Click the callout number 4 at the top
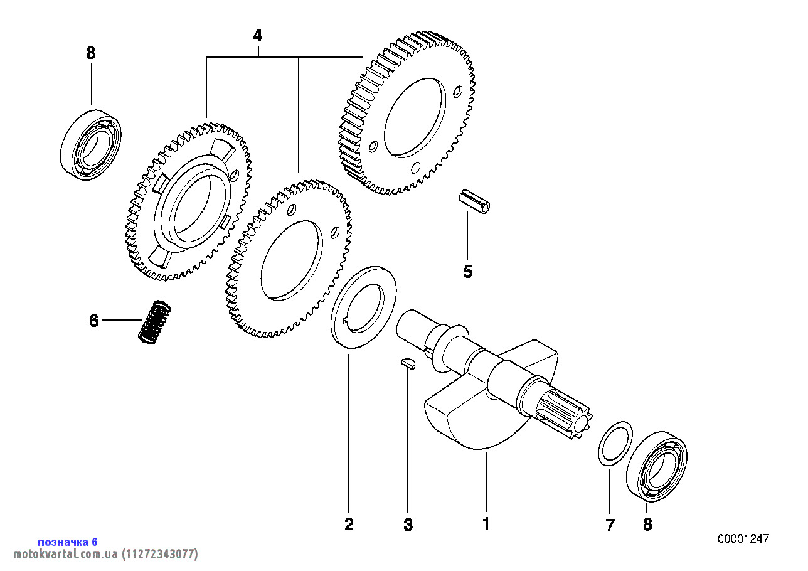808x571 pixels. coord(257,36)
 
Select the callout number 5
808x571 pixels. coord(467,272)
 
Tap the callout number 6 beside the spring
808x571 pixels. coord(94,321)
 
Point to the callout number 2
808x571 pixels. coord(349,525)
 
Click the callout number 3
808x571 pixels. coord(408,525)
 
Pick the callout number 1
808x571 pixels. coord(485,524)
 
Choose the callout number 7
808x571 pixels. coord(610,525)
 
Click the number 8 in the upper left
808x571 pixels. coord(91,53)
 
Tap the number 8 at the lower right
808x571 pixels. coord(647,525)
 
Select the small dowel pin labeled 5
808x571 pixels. coord(474,201)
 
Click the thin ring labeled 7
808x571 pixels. coord(614,444)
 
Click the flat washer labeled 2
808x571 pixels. coord(363,307)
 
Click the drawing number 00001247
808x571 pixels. coord(743,539)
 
